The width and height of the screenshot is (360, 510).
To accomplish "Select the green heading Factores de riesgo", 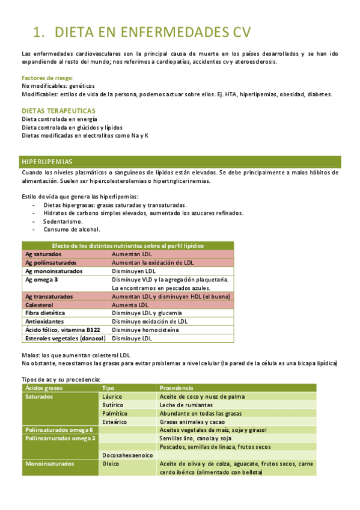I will pos(47,78).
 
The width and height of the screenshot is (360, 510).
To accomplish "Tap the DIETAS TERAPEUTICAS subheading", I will pos(58,111).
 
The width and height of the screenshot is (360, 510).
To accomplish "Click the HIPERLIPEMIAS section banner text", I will pos(47,162).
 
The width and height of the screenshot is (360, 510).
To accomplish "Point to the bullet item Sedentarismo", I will pos(63,221).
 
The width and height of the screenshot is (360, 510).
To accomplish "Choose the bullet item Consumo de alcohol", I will pos(72,229).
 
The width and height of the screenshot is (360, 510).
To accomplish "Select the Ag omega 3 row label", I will pos(41,280).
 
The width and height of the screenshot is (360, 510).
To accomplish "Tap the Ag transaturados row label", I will pos(49,296).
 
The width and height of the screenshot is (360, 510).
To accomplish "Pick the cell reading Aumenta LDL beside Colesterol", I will pos(130,305).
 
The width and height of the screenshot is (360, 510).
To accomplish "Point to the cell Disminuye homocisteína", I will pos(145,330).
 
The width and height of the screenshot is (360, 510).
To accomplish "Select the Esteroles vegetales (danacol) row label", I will pos(65,339).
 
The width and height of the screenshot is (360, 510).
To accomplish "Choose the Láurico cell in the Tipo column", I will pos(112,397).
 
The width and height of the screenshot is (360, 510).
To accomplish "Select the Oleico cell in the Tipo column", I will pos(111,464).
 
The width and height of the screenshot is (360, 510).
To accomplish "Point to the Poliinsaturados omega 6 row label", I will pos(59,430).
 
